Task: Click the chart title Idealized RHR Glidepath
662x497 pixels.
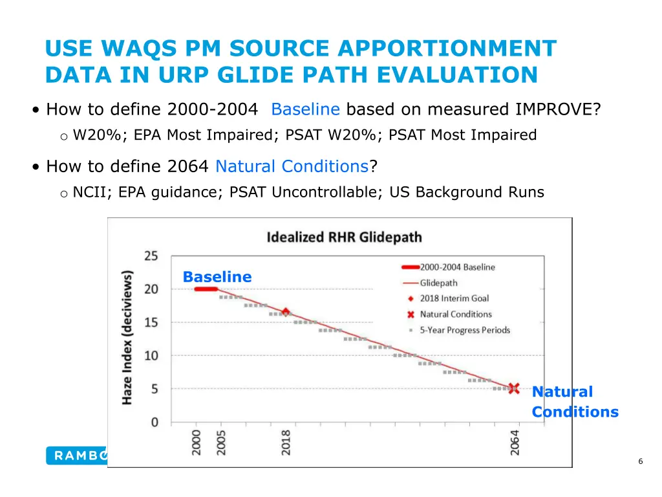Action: (344, 237)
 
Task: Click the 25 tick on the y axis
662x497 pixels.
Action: (151, 256)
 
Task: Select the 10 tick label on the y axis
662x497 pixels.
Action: (151, 355)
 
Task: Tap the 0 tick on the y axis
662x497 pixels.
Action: (154, 422)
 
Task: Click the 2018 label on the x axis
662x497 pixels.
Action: (286, 443)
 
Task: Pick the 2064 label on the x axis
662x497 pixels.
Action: (515, 443)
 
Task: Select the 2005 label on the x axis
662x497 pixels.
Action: (222, 443)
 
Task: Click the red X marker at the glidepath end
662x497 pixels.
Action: (514, 389)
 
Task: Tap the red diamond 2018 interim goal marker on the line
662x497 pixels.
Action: (285, 312)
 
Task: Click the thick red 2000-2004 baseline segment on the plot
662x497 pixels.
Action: (206, 289)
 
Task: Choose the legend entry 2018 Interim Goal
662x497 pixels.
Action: (454, 298)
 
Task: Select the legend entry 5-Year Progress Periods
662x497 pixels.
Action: (464, 330)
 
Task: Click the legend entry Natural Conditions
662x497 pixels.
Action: (455, 315)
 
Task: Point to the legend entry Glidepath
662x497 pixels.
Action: (438, 283)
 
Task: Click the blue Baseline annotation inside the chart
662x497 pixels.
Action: (217, 277)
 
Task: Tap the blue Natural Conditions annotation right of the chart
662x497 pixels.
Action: (574, 401)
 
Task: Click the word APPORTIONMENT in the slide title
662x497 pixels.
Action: (447, 49)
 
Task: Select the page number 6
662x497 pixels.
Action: (640, 461)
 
